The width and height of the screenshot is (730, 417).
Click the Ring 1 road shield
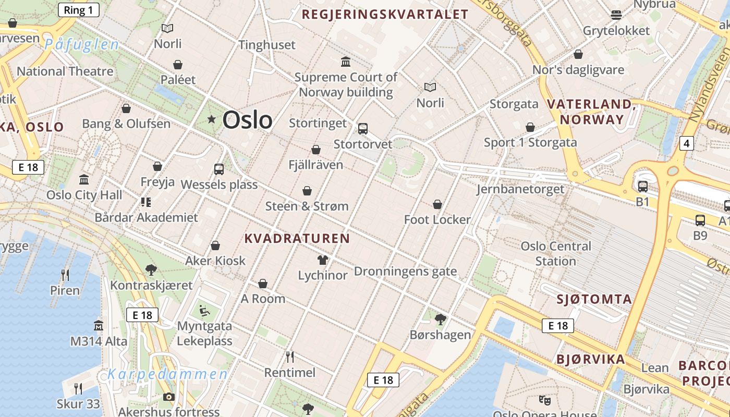tap(78, 10)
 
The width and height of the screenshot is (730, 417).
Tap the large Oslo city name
tap(247, 120)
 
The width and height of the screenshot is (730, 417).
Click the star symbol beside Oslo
tap(211, 119)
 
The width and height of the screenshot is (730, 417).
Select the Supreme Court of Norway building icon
tap(346, 62)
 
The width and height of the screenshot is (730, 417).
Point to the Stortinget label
tap(318, 123)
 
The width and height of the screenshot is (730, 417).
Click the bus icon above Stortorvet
tap(362, 128)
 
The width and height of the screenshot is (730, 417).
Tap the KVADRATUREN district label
tap(297, 239)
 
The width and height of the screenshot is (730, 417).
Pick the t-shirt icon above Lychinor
tap(322, 260)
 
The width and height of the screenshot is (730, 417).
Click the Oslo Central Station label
tap(556, 253)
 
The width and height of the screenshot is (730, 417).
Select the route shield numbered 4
tap(687, 143)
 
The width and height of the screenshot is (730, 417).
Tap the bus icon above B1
tap(643, 186)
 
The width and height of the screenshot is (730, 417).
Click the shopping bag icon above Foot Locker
tap(437, 204)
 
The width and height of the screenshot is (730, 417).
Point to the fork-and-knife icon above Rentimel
tap(290, 357)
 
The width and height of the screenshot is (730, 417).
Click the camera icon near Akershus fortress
tap(168, 397)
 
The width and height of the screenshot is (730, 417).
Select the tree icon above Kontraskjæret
tap(151, 269)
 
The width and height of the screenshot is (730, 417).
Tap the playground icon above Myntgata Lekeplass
tap(204, 311)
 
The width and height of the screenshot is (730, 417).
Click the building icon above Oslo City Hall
tap(84, 180)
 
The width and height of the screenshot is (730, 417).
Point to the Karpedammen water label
tap(167, 374)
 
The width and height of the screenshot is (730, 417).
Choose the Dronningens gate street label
tap(405, 272)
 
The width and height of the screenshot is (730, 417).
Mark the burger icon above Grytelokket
tap(616, 15)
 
